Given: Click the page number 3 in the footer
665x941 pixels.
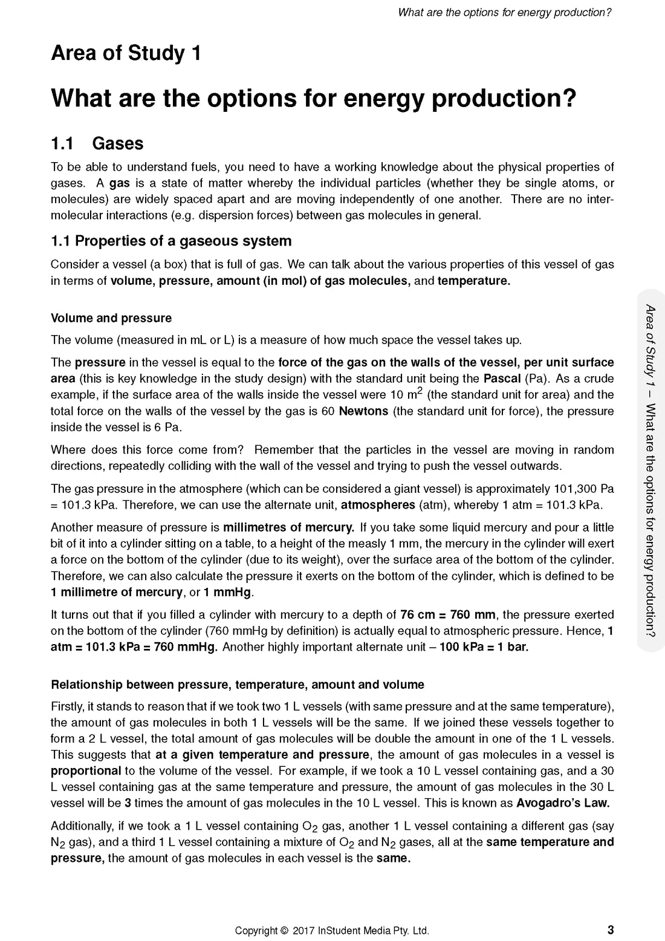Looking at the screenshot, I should [611, 930].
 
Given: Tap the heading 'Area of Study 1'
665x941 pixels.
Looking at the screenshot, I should [126, 53].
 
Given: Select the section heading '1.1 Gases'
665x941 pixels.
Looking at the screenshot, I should [97, 143].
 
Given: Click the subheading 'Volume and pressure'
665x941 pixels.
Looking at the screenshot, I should [111, 318].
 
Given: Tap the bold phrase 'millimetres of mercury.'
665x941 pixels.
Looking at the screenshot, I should [288, 527].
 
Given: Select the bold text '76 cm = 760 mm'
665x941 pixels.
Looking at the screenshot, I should [448, 615].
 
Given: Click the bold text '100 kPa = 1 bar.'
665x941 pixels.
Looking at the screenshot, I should [484, 647].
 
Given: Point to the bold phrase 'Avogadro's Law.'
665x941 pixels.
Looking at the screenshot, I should [563, 803].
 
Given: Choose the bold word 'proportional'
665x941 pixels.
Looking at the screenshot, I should [86, 771].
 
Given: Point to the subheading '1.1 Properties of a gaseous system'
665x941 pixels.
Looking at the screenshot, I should [171, 241].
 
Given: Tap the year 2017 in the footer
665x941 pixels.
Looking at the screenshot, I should [304, 931].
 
